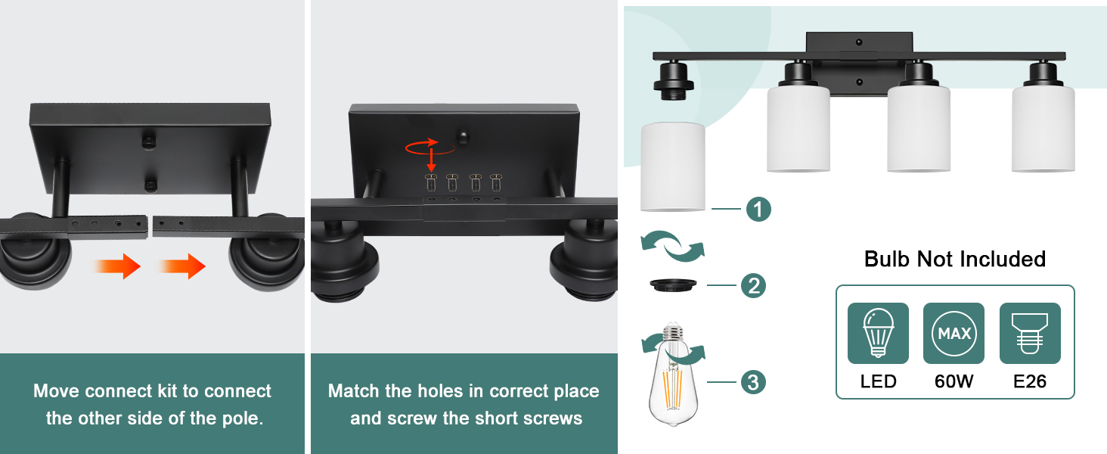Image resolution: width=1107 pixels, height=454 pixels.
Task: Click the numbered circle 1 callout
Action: coord(758,209)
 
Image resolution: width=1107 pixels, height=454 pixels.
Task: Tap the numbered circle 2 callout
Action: coord(754,286)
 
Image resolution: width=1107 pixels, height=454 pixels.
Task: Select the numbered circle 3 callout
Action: coord(753,382)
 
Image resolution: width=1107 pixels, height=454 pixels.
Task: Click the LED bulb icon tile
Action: coord(878,333)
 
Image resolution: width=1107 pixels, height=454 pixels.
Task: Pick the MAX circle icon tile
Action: coord(954,333)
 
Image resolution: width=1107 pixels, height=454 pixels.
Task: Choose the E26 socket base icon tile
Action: coord(1030,333)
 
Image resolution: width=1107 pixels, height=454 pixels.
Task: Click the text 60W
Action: coord(954,381)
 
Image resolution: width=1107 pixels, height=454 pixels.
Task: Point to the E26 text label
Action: coord(1030,381)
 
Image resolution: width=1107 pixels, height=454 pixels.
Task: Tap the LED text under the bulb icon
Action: coord(878,381)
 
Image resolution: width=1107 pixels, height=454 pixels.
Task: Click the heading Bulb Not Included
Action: coord(955,259)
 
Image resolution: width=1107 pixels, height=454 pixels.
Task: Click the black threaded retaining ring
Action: coord(673,285)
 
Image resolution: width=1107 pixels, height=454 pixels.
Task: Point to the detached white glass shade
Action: coord(673,167)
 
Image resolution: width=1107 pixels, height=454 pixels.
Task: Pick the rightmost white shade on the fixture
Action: coord(1043,129)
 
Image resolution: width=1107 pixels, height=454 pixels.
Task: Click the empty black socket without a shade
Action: coord(673,81)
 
